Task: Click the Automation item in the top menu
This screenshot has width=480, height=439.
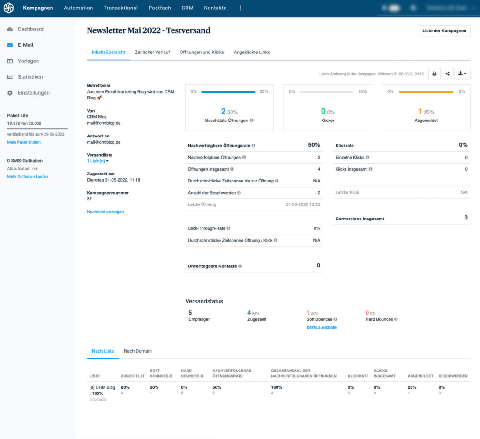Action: (x=78, y=8)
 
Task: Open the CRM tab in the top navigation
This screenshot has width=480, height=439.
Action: (x=187, y=8)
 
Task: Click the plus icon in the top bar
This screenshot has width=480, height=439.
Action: (x=241, y=8)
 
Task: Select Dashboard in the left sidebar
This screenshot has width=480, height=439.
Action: (x=30, y=29)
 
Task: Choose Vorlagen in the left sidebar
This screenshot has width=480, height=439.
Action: (x=28, y=61)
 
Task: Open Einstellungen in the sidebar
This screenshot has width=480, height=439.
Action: (x=33, y=93)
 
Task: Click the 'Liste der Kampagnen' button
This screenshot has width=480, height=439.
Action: (x=444, y=31)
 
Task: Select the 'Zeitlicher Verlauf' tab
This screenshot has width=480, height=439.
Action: (x=152, y=52)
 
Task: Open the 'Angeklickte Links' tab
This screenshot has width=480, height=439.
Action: (x=252, y=52)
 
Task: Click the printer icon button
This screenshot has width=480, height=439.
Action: (x=435, y=74)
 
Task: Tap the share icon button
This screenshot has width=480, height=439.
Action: (x=448, y=74)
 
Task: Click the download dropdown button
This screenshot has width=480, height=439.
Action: (x=462, y=74)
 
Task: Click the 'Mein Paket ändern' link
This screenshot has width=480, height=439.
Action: (x=24, y=142)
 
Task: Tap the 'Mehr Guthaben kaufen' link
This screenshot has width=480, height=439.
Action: (x=28, y=177)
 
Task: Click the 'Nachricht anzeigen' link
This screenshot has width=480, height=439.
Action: (x=105, y=212)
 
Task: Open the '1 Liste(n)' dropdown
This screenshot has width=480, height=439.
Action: (x=101, y=161)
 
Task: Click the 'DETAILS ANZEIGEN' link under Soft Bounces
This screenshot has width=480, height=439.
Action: (x=322, y=327)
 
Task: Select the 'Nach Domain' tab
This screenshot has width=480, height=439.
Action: (x=137, y=351)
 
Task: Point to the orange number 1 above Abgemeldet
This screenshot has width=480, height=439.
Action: (x=420, y=111)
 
